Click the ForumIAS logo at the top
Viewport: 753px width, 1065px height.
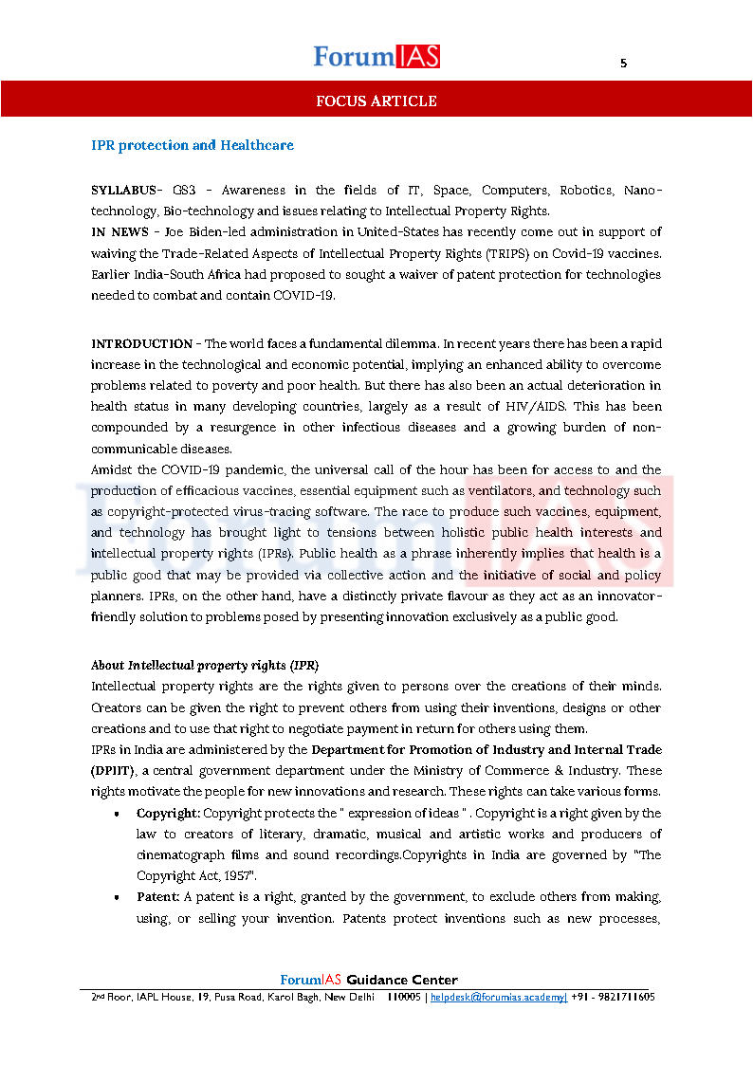click(x=376, y=57)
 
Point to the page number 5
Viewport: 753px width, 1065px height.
click(x=623, y=64)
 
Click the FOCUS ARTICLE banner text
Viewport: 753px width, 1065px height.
click(x=376, y=101)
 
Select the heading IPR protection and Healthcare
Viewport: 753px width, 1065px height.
click(x=193, y=146)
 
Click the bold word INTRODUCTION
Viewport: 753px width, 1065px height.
click(x=141, y=344)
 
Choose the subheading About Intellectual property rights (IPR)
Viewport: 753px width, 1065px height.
click(x=204, y=665)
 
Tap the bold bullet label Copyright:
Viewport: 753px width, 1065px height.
click(x=168, y=814)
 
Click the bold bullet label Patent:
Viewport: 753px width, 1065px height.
click(x=158, y=897)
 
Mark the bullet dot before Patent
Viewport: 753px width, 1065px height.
click(x=116, y=898)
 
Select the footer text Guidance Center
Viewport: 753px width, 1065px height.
click(x=402, y=981)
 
